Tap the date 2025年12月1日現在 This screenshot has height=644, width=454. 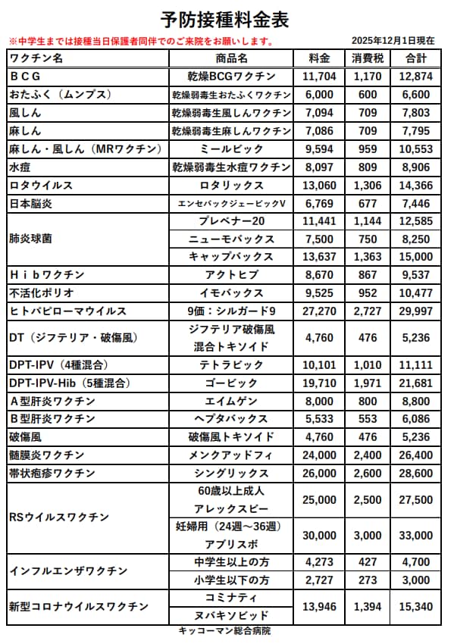[393, 40]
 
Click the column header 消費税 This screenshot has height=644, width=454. [368, 58]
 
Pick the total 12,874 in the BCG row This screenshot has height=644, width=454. [416, 77]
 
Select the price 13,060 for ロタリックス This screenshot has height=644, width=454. [319, 186]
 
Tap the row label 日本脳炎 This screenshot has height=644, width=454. [31, 204]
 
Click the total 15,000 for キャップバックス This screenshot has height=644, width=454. [416, 257]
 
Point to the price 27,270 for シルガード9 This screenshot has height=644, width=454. [319, 311]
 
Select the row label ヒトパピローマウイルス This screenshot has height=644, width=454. [68, 311]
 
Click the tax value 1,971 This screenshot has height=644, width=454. [368, 383]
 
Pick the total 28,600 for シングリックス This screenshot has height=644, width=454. [416, 473]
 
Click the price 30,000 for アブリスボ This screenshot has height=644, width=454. [319, 536]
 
